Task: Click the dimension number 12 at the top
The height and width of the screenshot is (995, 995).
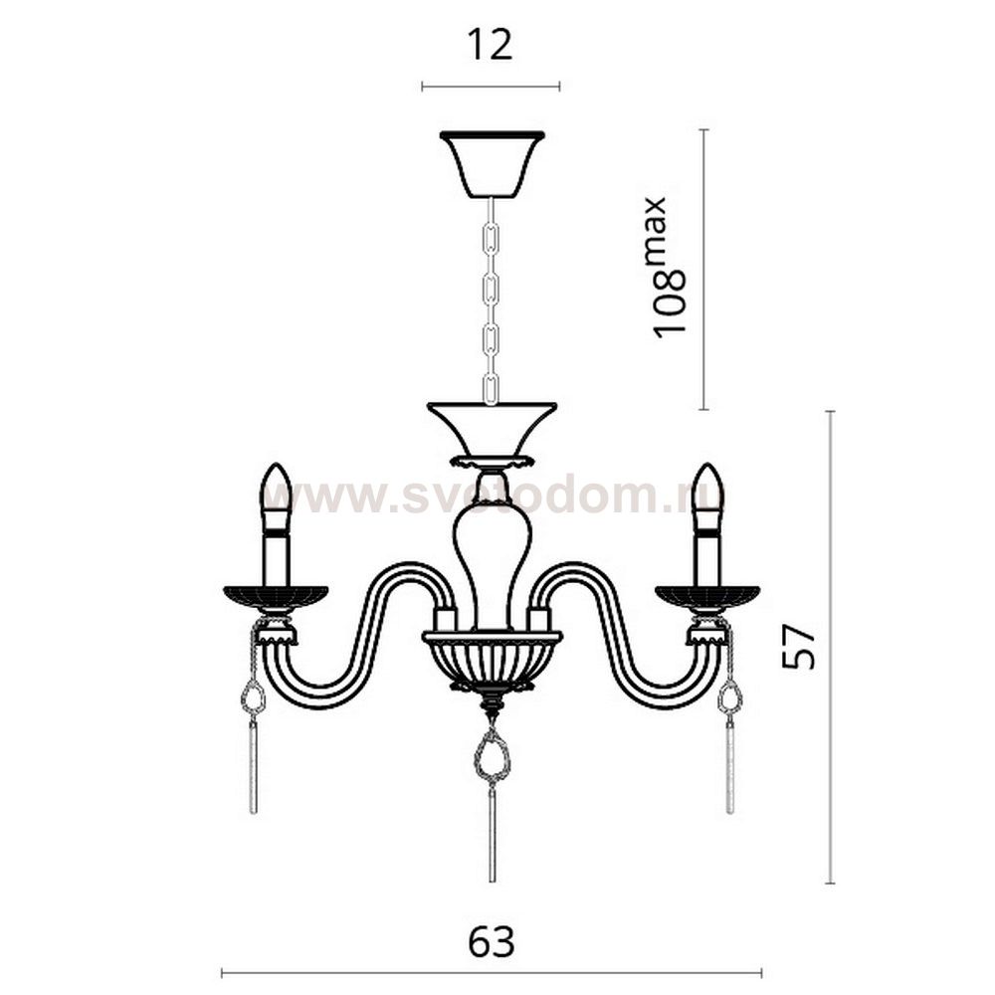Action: pyautogui.click(x=490, y=47)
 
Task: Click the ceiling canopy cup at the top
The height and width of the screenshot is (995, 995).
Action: pyautogui.click(x=492, y=164)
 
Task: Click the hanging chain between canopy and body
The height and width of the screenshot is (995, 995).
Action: pyautogui.click(x=492, y=300)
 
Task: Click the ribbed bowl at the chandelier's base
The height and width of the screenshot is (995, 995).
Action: pyautogui.click(x=492, y=660)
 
